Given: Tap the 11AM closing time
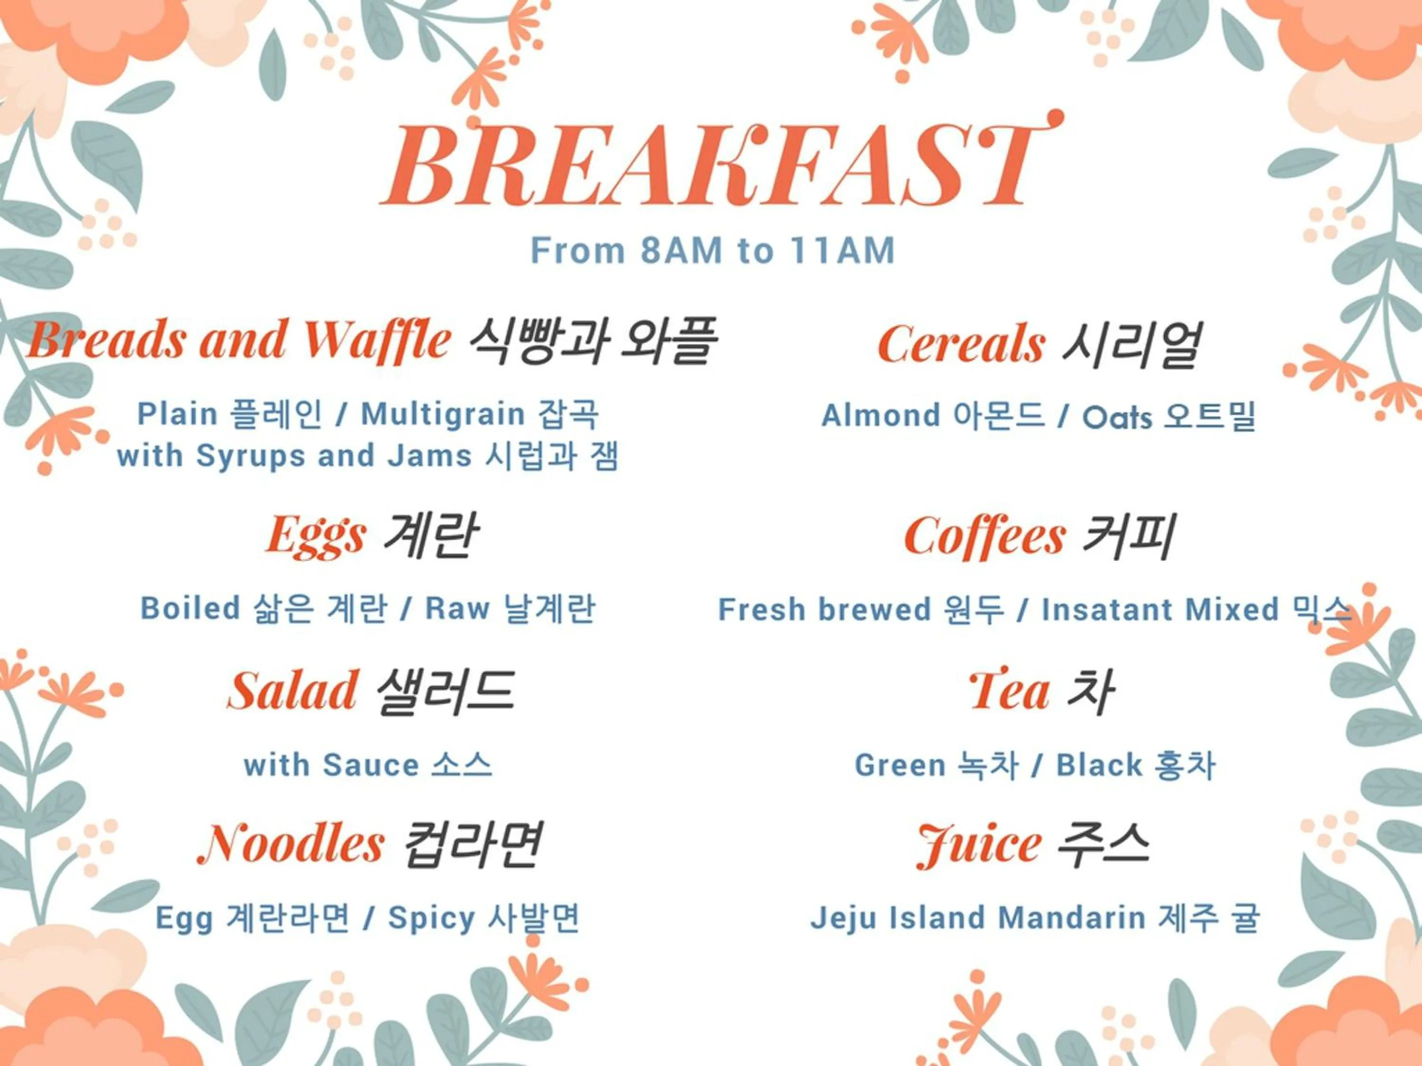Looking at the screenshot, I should [x=841, y=250].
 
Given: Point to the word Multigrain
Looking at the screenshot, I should [x=442, y=414].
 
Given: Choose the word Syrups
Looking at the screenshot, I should [x=250, y=456].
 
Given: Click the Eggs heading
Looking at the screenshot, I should [x=316, y=536].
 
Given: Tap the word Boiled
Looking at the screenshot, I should [x=189, y=608].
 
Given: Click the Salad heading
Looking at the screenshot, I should [x=292, y=691].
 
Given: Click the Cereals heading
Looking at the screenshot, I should [x=961, y=344].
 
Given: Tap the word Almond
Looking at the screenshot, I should [x=880, y=416].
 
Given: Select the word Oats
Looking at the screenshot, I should [x=1116, y=417].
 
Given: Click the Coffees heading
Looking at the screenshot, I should [x=985, y=537].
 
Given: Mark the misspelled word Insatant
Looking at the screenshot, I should [x=1109, y=610].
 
